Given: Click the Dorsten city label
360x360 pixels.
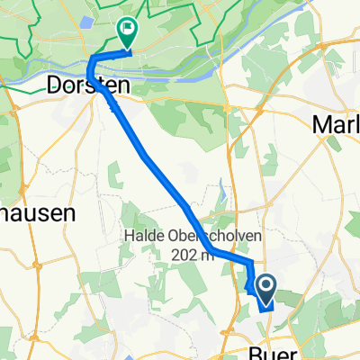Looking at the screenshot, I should tap(88, 86).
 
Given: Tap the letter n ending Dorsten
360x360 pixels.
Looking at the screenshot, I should tap(122, 86).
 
